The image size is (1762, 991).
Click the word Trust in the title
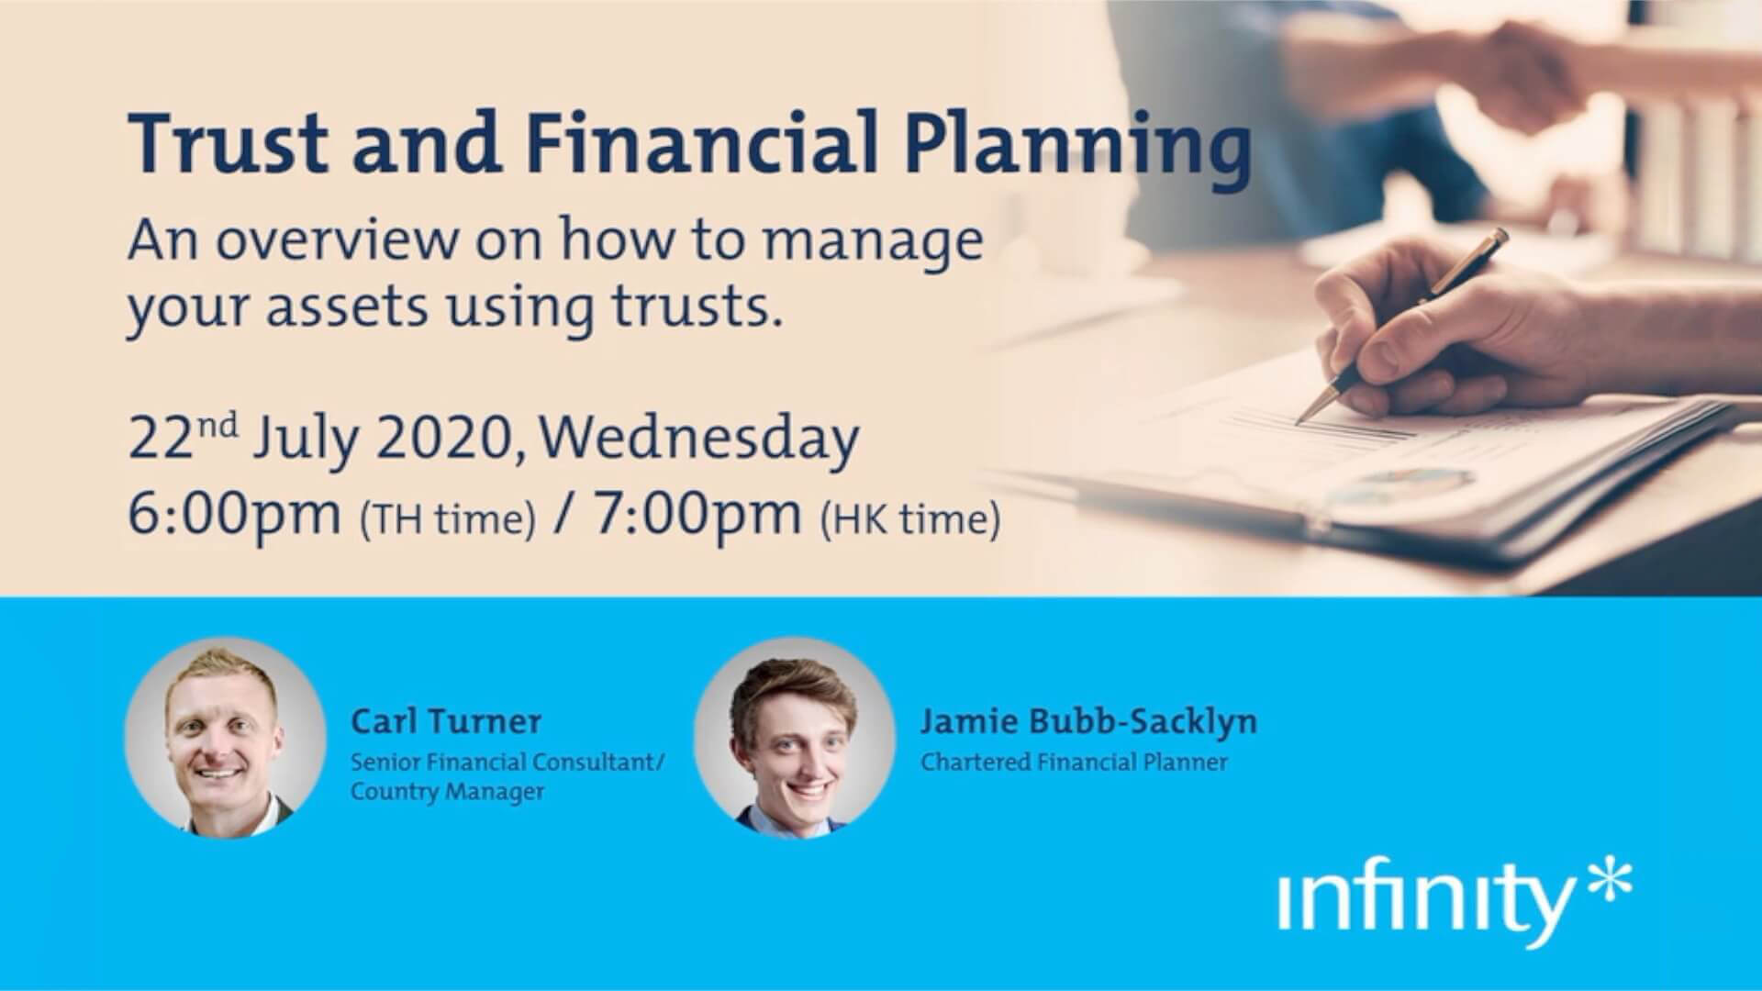click(x=229, y=143)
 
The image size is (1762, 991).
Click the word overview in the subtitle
click(x=337, y=240)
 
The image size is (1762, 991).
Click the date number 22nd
click(x=183, y=439)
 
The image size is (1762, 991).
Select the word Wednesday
click(x=699, y=439)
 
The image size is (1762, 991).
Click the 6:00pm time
click(x=234, y=515)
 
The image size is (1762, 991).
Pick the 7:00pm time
click(x=697, y=515)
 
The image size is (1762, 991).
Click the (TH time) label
click(x=448, y=520)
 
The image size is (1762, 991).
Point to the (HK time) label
click(x=910, y=520)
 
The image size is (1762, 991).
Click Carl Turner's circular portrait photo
click(x=226, y=738)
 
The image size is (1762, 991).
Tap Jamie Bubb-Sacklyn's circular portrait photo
click(x=795, y=738)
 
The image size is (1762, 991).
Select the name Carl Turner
click(x=446, y=721)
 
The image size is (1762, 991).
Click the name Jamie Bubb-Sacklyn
click(x=1088, y=721)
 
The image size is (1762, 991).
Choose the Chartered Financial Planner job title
click(x=1074, y=762)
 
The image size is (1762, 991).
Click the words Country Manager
click(x=447, y=792)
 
